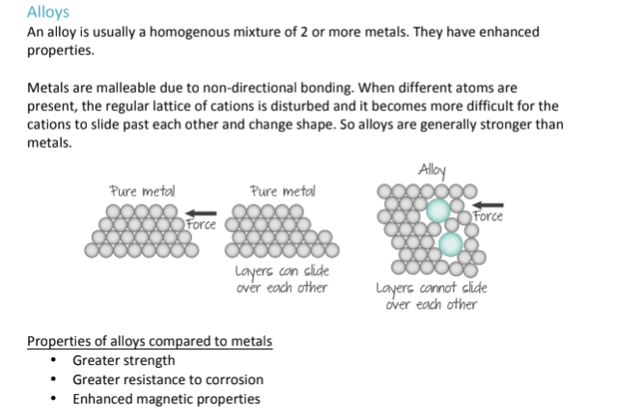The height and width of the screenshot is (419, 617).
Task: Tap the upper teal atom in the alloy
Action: click(438, 209)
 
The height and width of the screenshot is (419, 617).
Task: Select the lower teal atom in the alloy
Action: click(451, 243)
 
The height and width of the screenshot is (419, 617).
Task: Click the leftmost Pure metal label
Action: click(142, 191)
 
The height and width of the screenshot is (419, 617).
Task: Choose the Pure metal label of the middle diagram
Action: click(281, 191)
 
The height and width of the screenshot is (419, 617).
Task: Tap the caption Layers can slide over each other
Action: click(282, 280)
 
